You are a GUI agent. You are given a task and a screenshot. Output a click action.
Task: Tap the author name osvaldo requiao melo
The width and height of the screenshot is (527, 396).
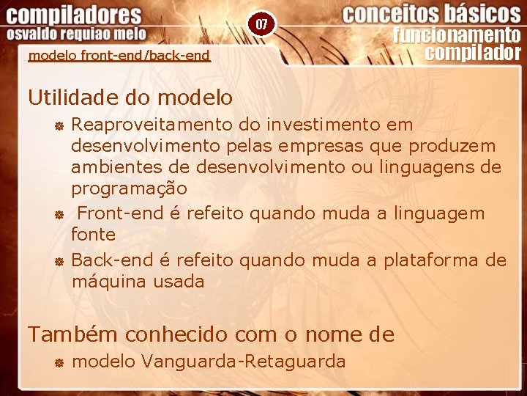[77, 34]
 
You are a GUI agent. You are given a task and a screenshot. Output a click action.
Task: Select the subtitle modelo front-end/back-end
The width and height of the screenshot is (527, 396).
[119, 56]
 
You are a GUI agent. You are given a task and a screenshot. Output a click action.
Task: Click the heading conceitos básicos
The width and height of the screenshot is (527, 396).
[432, 14]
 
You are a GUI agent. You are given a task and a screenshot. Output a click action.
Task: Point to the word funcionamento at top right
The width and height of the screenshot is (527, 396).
[457, 35]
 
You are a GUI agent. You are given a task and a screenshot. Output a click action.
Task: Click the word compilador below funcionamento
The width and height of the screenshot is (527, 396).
[473, 53]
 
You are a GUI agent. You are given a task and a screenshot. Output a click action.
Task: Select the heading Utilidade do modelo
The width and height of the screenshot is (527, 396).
[130, 97]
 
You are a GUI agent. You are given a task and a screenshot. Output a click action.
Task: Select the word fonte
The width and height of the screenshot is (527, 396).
[93, 235]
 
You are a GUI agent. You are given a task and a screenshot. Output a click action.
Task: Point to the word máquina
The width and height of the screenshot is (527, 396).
[109, 281]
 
